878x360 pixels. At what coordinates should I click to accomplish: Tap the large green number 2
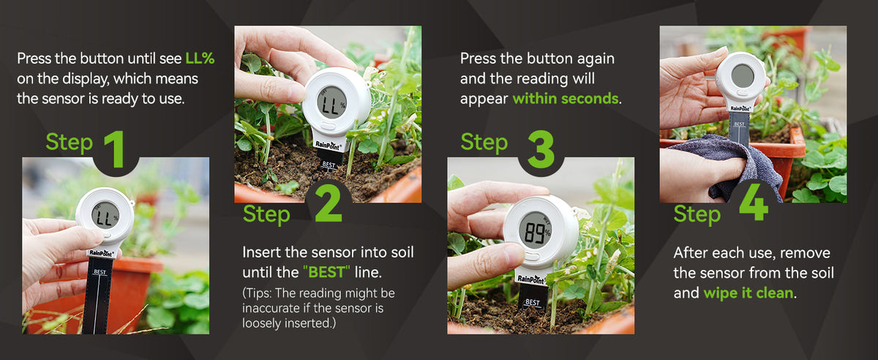[329, 203]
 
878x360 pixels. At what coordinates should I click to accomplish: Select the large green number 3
[541, 149]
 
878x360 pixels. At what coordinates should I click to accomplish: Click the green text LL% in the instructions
[200, 59]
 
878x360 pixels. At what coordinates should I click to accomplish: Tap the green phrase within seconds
[566, 99]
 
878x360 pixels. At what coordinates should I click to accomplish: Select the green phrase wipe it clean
[748, 293]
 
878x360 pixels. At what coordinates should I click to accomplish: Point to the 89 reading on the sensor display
[533, 232]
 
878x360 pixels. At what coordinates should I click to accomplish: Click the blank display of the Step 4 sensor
[743, 75]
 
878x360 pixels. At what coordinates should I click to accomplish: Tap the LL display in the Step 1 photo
[104, 217]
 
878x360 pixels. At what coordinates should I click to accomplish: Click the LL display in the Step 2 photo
[330, 105]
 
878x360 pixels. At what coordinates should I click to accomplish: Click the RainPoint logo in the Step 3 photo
[532, 280]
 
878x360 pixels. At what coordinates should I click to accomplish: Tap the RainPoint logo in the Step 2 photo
[329, 146]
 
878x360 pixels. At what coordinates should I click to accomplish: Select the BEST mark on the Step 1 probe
[100, 271]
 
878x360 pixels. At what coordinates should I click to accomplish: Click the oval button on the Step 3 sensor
[530, 258]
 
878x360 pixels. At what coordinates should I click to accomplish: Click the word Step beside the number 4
[697, 214]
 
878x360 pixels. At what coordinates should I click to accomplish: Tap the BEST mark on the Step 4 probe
[739, 124]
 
